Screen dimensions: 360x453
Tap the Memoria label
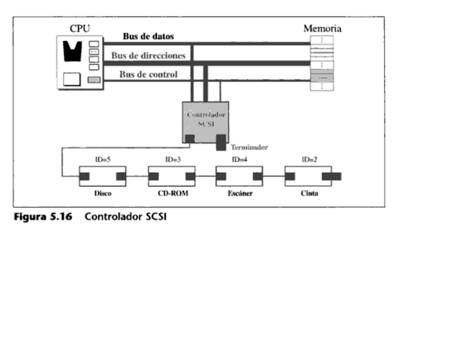click(322, 28)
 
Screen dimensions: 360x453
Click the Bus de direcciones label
click(148, 55)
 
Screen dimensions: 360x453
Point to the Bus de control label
click(149, 75)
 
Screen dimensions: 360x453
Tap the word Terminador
click(249, 147)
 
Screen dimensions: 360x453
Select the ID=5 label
click(102, 159)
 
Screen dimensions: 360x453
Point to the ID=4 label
click(239, 159)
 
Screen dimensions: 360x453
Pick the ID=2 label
click(309, 159)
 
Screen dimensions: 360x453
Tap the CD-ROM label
click(172, 194)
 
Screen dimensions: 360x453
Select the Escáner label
click(239, 194)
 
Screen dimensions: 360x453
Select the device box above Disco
click(102, 175)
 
